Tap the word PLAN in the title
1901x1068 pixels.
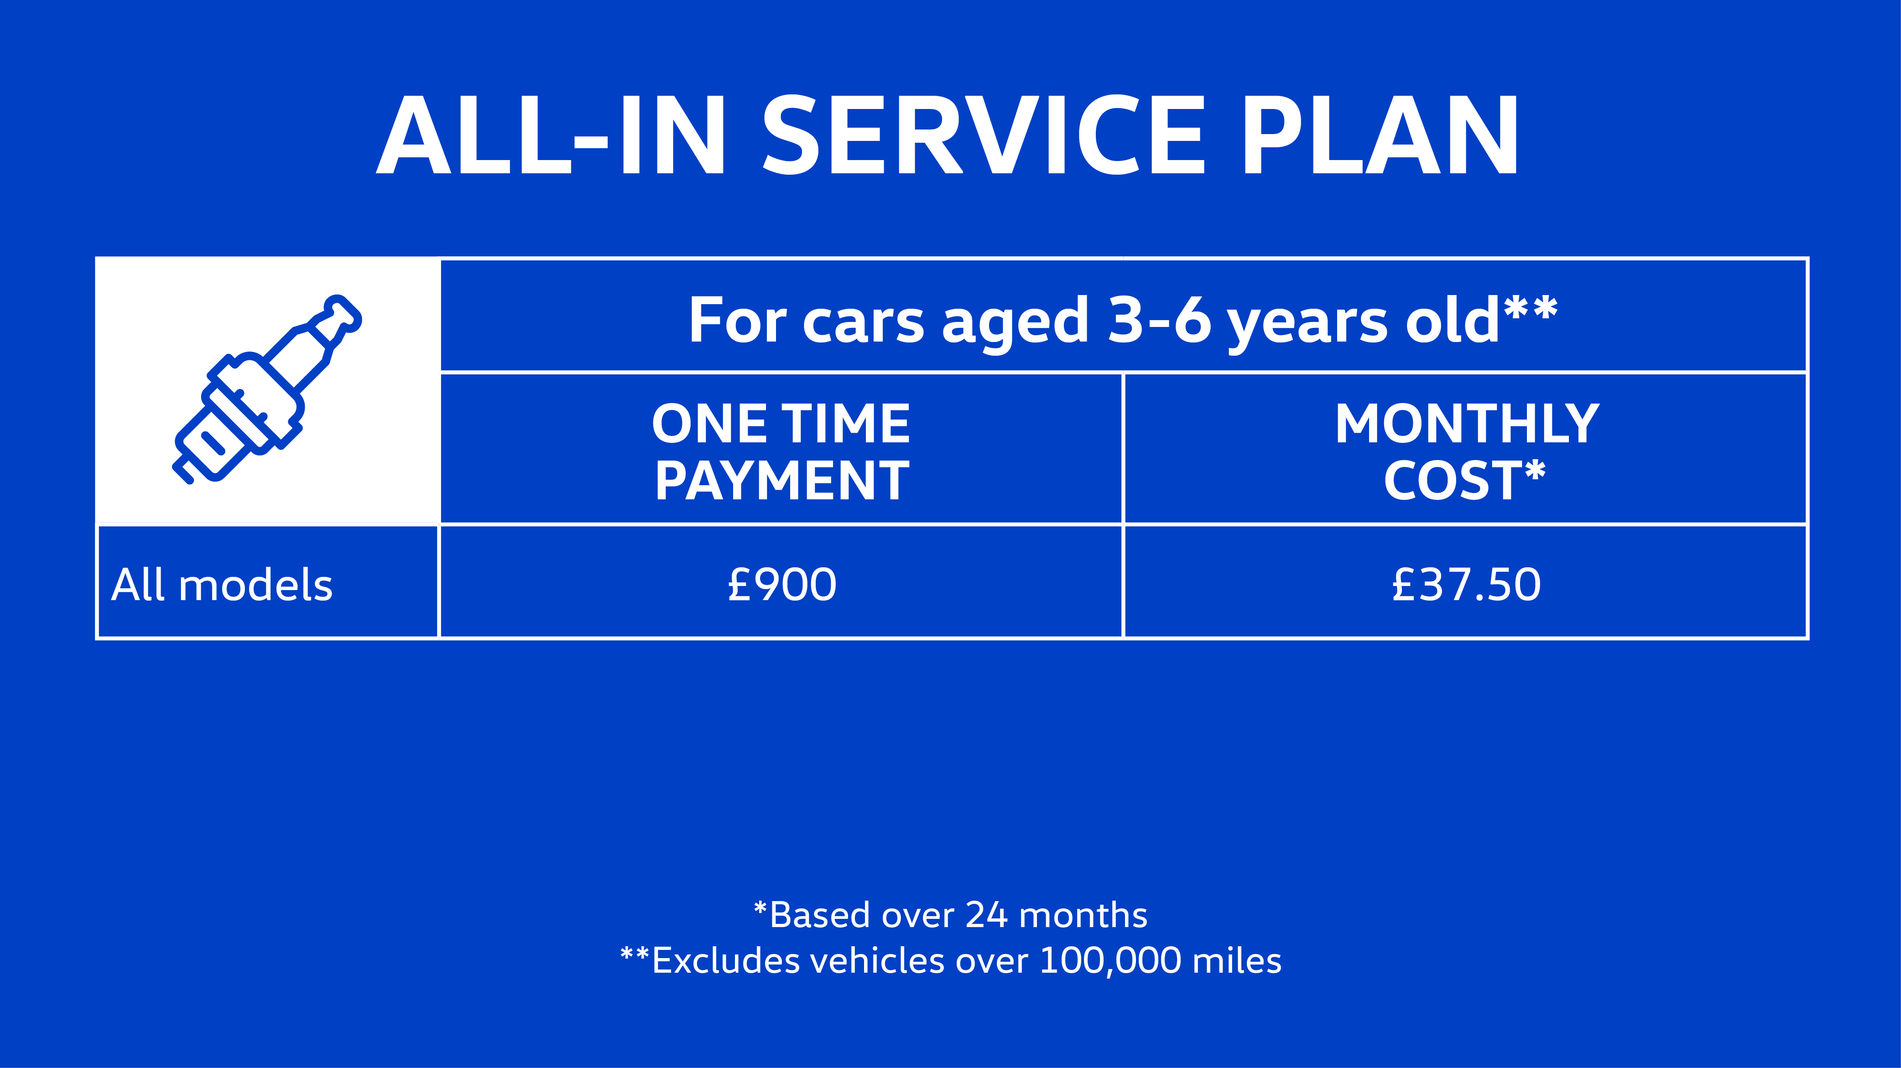pos(1379,136)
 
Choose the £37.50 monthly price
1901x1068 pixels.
pos(1466,585)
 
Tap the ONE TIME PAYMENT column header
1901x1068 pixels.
pos(781,451)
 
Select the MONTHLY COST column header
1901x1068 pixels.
pos(1466,451)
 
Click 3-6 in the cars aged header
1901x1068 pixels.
pos(1159,321)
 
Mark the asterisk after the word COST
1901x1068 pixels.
pos(1535,470)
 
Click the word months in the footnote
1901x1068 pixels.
pos(1083,915)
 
